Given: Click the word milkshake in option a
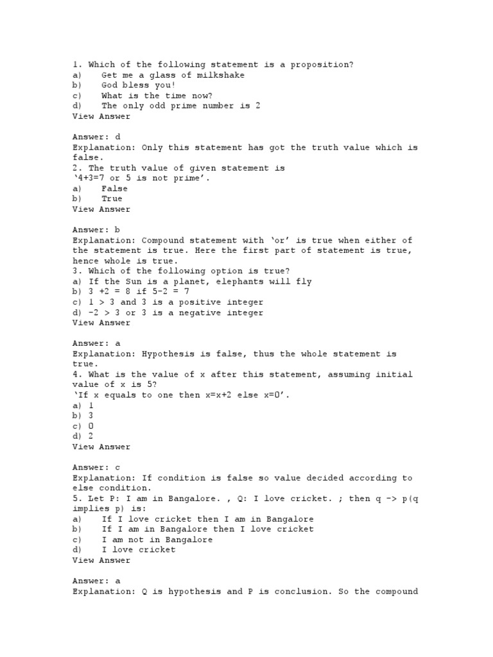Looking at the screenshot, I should pos(221,75).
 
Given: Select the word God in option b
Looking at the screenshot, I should pos(110,85).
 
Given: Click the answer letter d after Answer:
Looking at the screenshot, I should pos(117,137).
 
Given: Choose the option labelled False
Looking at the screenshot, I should pos(115,189).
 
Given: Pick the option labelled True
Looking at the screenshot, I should pos(112,199).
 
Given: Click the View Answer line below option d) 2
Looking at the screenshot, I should pos(101,447).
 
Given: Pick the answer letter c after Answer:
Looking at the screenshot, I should pos(117,467).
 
